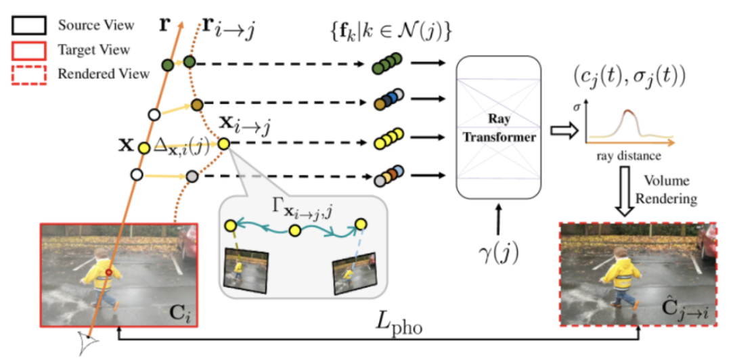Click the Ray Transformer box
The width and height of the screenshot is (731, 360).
coord(500,128)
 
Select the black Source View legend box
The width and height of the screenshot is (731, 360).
coord(28,26)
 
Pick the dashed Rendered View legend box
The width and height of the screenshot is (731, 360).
coord(28,74)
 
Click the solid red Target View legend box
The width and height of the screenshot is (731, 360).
coord(28,50)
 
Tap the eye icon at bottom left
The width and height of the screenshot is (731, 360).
coord(86,344)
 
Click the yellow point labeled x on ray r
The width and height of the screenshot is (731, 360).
coord(143,147)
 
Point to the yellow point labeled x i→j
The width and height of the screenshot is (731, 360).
coord(224,143)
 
